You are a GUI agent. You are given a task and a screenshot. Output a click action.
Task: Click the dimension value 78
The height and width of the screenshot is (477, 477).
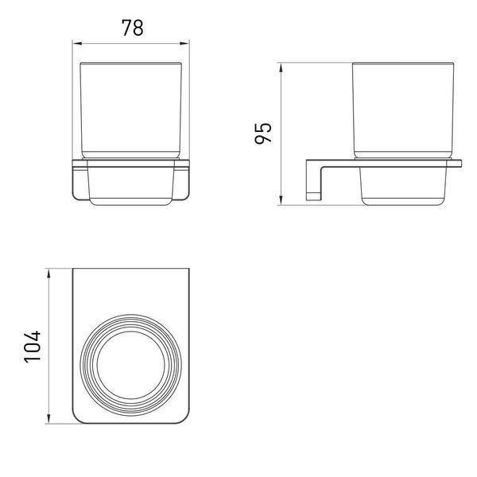132,28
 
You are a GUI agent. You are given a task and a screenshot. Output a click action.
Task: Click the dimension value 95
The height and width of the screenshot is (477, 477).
263,133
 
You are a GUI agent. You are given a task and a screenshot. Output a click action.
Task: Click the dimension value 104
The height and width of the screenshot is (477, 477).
33,346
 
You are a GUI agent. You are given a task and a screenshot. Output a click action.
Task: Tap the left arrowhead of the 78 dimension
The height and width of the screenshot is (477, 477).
77,44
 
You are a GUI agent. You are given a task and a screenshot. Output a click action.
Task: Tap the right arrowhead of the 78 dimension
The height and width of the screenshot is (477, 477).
184,44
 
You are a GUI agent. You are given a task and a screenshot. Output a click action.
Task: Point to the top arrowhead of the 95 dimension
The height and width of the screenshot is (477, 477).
281,68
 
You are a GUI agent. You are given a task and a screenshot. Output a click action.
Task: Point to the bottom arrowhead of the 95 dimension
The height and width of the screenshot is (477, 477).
281,200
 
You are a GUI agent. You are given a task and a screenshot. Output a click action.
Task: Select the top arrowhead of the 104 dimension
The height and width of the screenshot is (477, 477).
48,273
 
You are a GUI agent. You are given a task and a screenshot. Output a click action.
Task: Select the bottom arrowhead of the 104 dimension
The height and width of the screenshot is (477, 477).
48,419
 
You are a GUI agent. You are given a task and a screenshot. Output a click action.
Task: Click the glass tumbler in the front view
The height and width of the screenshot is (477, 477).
131,111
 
